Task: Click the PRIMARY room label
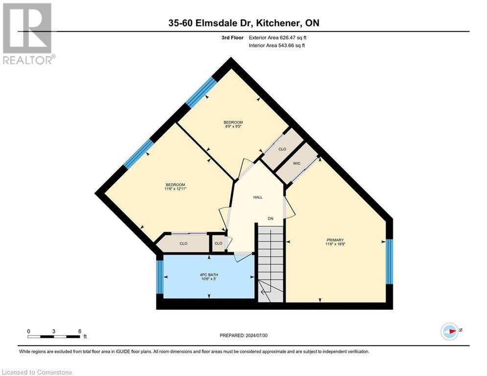335,240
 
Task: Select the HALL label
258,197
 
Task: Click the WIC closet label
296,163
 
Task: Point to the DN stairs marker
270,218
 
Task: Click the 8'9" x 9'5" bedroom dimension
233,126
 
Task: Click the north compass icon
449,330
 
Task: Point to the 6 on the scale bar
79,331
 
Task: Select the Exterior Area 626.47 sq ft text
278,38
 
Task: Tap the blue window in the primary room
389,261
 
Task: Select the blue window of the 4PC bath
159,277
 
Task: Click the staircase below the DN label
271,264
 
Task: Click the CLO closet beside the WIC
282,149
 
